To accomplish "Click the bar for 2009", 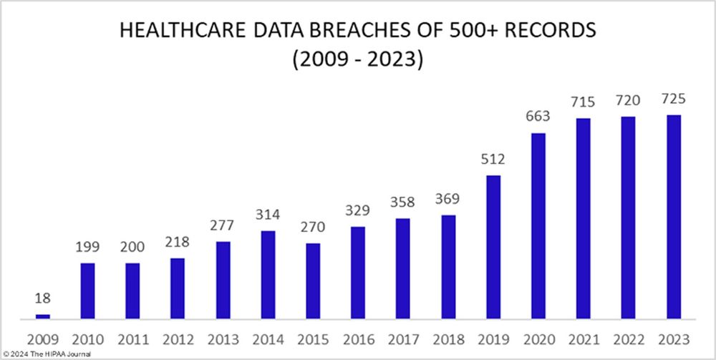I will point(43,316).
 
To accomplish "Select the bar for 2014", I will point(267,274).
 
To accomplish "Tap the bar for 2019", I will point(493,246).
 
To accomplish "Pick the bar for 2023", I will point(673,216).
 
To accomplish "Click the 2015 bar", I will point(312,281).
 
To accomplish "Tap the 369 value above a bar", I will point(448,200).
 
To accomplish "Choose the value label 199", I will point(87,248).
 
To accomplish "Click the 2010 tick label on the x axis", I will point(87,339).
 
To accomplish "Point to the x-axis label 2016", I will point(357,339).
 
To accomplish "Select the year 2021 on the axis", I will point(583,339).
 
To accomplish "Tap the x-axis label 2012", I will point(178,339).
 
